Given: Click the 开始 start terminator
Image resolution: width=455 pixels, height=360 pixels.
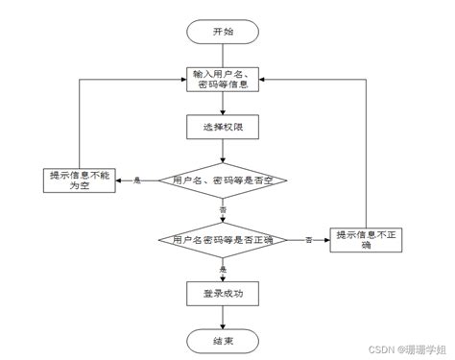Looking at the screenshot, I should tap(223, 31).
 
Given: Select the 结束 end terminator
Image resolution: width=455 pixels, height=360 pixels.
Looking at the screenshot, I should tap(223, 340).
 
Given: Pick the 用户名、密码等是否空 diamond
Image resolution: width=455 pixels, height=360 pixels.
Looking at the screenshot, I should tap(223, 180).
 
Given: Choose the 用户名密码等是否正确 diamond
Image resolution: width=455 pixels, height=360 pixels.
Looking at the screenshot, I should tap(223, 238).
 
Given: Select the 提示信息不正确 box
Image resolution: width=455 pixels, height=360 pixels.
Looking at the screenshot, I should tap(365, 238).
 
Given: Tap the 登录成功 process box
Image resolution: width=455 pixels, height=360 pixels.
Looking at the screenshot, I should tap(223, 294).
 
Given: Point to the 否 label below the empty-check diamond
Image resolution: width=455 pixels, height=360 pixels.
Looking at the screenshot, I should tap(224, 209).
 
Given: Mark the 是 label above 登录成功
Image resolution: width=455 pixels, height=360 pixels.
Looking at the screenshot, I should tap(224, 269).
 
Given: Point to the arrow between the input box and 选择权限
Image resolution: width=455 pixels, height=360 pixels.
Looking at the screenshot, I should tap(223, 104).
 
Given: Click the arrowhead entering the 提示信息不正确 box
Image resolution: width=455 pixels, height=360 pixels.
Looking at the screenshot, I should tap(326, 238).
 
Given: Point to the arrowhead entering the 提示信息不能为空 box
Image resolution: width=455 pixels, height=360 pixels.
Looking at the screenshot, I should tap(118, 180).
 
